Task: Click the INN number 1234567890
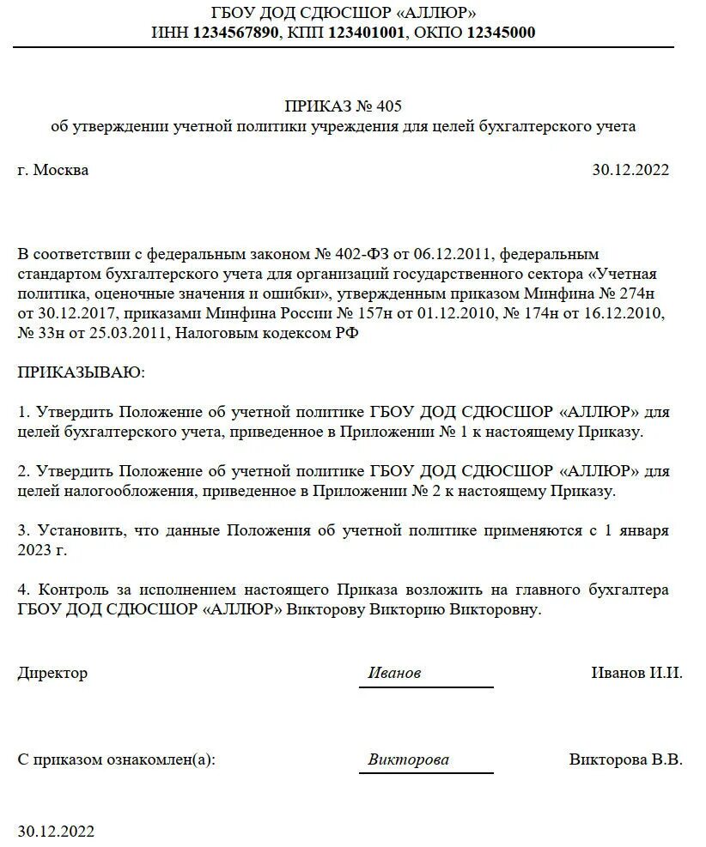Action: [x=236, y=33]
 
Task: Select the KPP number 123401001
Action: [x=364, y=33]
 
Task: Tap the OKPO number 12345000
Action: [x=501, y=33]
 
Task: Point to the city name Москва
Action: [x=61, y=170]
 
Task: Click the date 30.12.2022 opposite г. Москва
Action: [x=630, y=170]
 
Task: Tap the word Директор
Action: [x=52, y=673]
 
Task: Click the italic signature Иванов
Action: [x=394, y=674]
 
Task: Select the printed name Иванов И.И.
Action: [x=636, y=673]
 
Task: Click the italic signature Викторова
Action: [x=408, y=759]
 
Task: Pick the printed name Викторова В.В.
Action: [x=625, y=759]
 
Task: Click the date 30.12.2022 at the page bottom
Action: [x=56, y=831]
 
